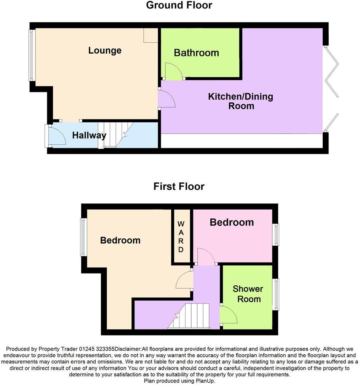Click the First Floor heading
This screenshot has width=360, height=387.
pos(179,186)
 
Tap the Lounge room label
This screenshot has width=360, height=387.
pos(105,50)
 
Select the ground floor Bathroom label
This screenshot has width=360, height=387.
pos(196,53)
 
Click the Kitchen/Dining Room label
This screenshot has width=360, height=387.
pos(241,101)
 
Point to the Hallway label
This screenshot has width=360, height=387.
pos(89,135)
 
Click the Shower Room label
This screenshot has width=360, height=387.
pos(247,294)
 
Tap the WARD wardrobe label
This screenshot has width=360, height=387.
pos(181,236)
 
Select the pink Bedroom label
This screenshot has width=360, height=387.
pos(232,222)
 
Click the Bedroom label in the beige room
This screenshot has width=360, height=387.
pos(120,240)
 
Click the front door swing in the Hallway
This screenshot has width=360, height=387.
pos(56,136)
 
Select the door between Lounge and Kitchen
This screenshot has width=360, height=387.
pos(166,99)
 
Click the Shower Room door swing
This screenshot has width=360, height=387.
pos(229,315)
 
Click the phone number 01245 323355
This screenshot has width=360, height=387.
pos(97,349)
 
